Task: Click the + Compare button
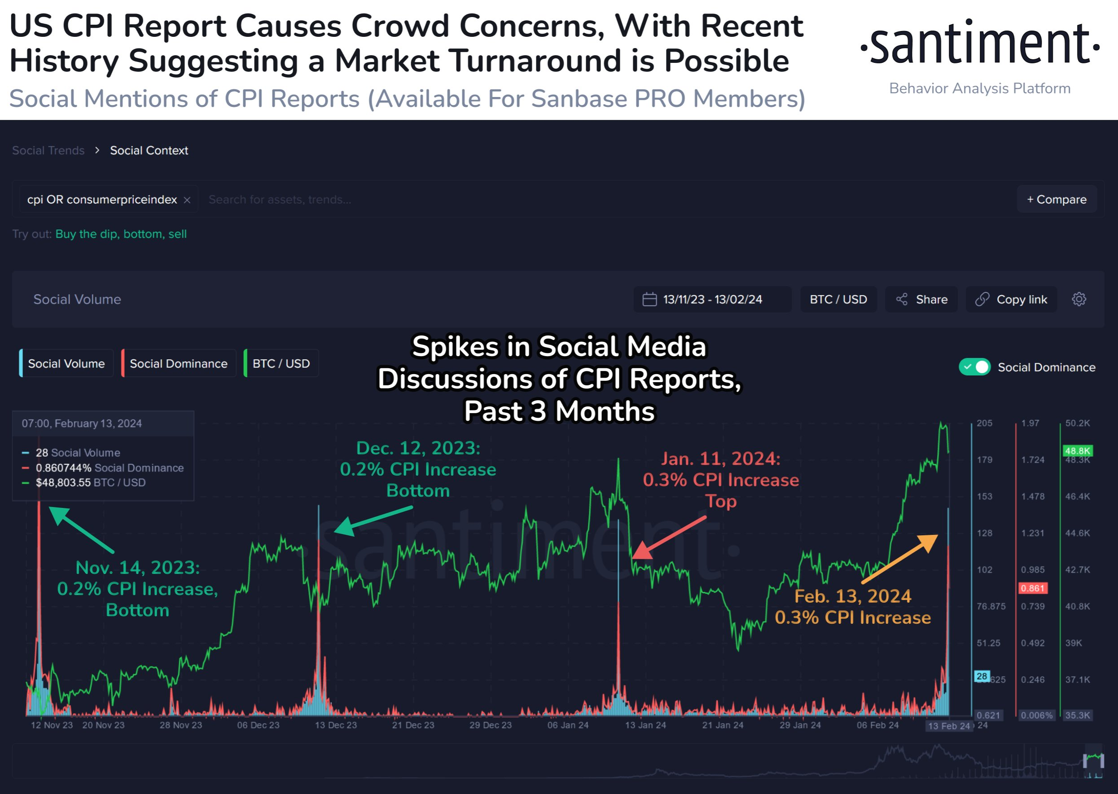pos(1057,199)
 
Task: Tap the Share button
pos(921,299)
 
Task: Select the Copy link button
pos(1012,299)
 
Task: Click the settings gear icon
pos(1079,299)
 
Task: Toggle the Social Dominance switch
pos(974,367)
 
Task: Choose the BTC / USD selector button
pos(838,299)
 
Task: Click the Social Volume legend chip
pos(66,364)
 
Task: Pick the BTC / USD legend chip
pos(281,364)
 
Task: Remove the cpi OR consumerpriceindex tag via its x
pos(187,200)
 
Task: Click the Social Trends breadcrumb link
pos(48,150)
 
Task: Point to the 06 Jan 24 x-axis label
pos(568,725)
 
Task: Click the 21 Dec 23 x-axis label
pos(413,725)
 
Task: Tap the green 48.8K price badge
pos(1078,450)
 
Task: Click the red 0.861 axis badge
pos(1032,588)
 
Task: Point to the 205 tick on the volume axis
pos(984,423)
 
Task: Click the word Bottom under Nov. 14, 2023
pos(137,610)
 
